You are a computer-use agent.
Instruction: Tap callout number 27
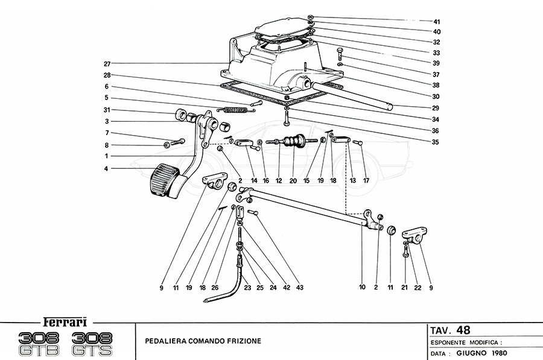pos(107,63)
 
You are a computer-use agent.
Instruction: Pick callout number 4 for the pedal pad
pos(107,168)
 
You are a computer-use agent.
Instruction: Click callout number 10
pos(362,288)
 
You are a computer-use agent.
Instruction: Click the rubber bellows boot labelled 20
pos(293,145)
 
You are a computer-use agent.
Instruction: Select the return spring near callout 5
pos(234,109)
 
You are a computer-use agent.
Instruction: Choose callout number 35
pos(436,142)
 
